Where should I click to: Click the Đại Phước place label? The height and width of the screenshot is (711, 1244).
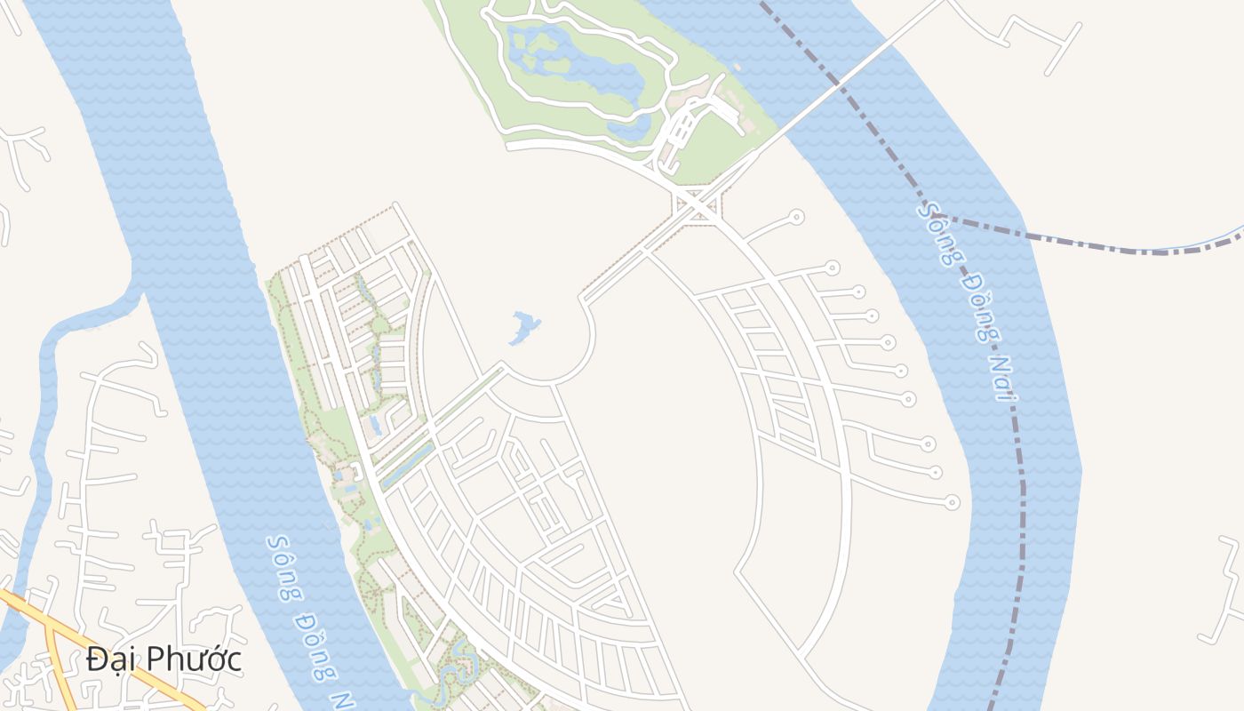(x=164, y=659)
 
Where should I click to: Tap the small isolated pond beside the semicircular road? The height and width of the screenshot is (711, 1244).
(x=524, y=327)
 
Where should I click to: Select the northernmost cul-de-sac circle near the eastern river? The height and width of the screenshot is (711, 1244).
(x=796, y=216)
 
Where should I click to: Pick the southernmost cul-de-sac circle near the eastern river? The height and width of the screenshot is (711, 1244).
(x=952, y=502)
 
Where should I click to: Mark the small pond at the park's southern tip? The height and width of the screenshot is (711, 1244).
(x=632, y=129)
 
